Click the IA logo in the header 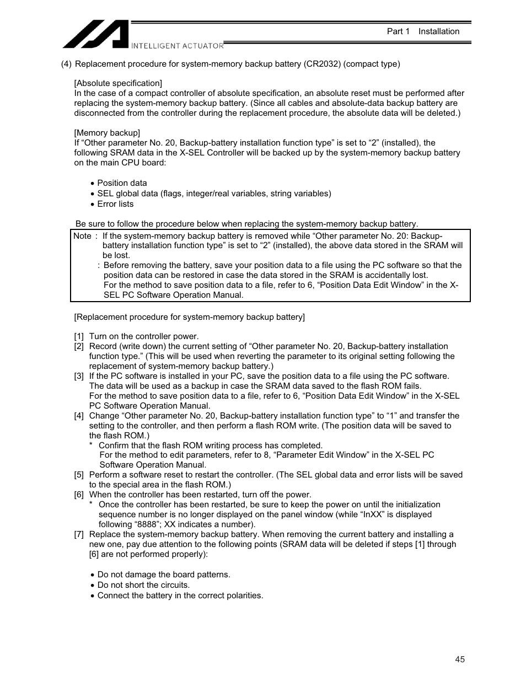pos(95,34)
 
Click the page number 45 pos(460,659)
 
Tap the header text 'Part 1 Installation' pos(423,31)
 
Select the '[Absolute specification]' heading pos(118,83)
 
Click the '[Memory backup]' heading pos(107,133)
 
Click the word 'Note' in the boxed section pos(82,236)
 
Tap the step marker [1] pos(79,336)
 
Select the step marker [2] pos(79,346)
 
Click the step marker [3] pos(79,376)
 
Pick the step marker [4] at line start pos(79,416)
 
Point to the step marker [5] pos(79,475)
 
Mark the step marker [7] pos(79,534)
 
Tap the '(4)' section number pos(66,64)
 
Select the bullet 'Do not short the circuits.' pos(143,585)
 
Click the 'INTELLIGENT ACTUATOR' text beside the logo pos(177,46)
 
